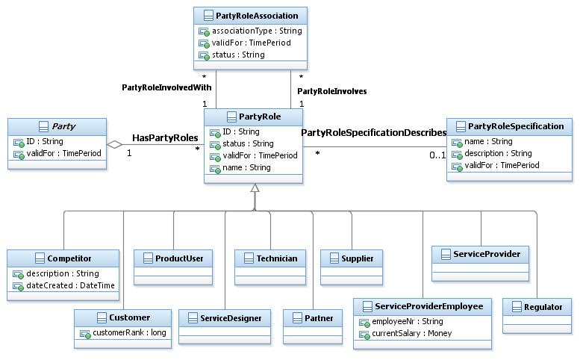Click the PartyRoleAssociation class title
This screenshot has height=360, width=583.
click(256, 16)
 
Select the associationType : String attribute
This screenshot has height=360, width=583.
click(257, 31)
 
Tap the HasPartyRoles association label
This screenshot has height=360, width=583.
click(165, 138)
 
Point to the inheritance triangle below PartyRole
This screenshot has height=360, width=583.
click(255, 188)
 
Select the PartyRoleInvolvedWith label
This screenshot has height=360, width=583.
click(166, 87)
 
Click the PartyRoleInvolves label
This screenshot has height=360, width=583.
click(332, 91)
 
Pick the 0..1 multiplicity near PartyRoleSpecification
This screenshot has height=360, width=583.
click(437, 155)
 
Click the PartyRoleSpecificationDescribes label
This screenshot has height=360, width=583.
click(373, 132)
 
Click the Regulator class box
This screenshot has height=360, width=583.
click(537, 315)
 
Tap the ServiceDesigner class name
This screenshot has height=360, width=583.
click(231, 318)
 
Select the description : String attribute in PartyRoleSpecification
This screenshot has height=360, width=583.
click(498, 153)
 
